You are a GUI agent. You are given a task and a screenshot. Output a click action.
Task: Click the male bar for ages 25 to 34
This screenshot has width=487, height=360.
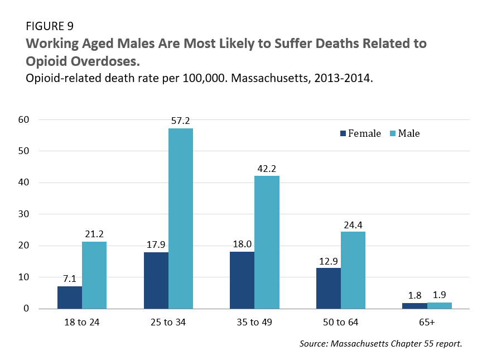[180, 218]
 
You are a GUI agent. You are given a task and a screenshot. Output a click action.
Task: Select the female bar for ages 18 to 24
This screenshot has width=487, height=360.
[70, 297]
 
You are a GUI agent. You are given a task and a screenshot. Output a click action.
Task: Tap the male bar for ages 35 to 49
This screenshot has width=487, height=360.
[267, 242]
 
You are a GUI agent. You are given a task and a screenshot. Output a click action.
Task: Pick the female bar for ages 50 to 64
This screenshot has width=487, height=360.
[328, 288]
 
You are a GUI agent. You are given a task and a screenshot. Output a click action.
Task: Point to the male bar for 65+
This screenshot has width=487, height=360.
[439, 305]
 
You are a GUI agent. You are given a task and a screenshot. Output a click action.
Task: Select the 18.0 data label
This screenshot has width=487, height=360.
[242, 244]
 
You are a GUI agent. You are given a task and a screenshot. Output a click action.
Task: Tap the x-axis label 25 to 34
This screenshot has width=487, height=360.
[168, 322]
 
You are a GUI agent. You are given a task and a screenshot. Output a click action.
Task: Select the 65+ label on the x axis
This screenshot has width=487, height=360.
[427, 322]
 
